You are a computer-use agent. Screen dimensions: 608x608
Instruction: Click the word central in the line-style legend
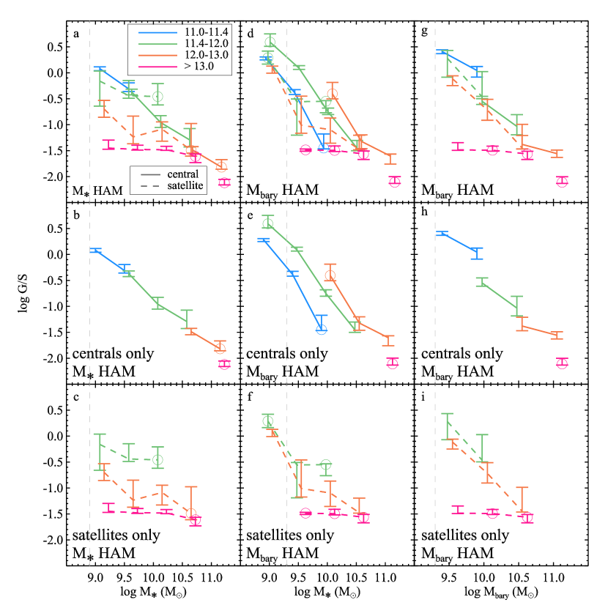click(186, 173)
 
